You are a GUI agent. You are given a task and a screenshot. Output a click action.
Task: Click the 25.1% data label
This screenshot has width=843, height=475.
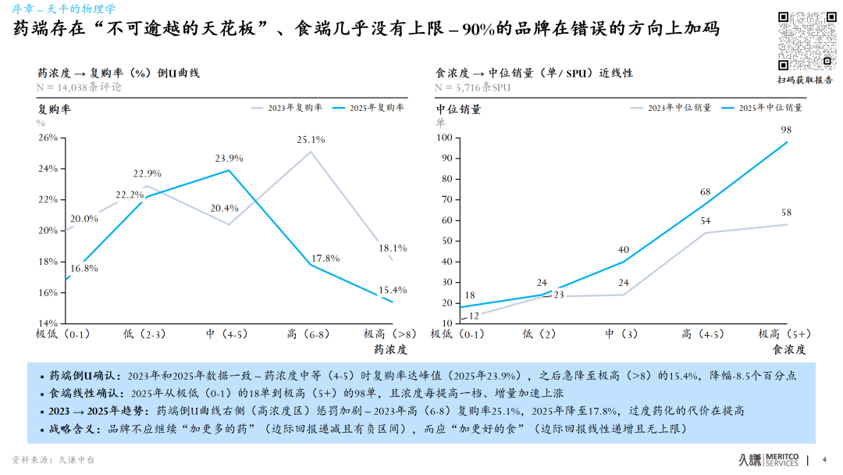click(x=310, y=140)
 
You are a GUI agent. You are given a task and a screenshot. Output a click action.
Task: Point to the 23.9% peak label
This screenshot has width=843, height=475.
click(x=229, y=159)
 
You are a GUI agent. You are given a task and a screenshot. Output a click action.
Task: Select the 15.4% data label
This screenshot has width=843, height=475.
click(x=392, y=290)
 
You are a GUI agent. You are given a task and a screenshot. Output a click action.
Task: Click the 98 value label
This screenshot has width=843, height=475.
click(x=786, y=130)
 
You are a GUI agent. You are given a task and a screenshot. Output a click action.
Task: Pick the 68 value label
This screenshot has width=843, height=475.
click(x=705, y=191)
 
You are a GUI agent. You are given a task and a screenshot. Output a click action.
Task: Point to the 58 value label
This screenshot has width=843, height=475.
click(x=786, y=212)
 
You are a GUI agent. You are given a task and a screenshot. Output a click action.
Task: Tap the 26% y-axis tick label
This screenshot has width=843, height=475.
click(x=48, y=137)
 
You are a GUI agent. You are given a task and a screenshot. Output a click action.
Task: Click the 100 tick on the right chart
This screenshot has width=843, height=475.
click(x=443, y=137)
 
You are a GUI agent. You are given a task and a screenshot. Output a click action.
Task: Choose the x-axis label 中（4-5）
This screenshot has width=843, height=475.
click(x=227, y=334)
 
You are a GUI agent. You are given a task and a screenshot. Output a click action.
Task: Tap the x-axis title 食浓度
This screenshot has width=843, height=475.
click(x=788, y=349)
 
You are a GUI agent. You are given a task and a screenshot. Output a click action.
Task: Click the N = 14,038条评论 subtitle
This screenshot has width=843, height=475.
click(x=80, y=87)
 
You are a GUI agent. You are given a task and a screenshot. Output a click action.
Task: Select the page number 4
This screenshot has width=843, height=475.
click(x=824, y=459)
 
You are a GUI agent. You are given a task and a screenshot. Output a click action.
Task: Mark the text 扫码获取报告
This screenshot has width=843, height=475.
click(x=805, y=80)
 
